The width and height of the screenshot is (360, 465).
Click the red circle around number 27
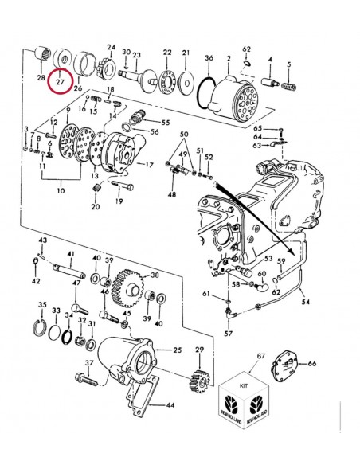[x=61, y=82]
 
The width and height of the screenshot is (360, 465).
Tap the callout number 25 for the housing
[x=177, y=350]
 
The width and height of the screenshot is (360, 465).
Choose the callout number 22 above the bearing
[x=167, y=52]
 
